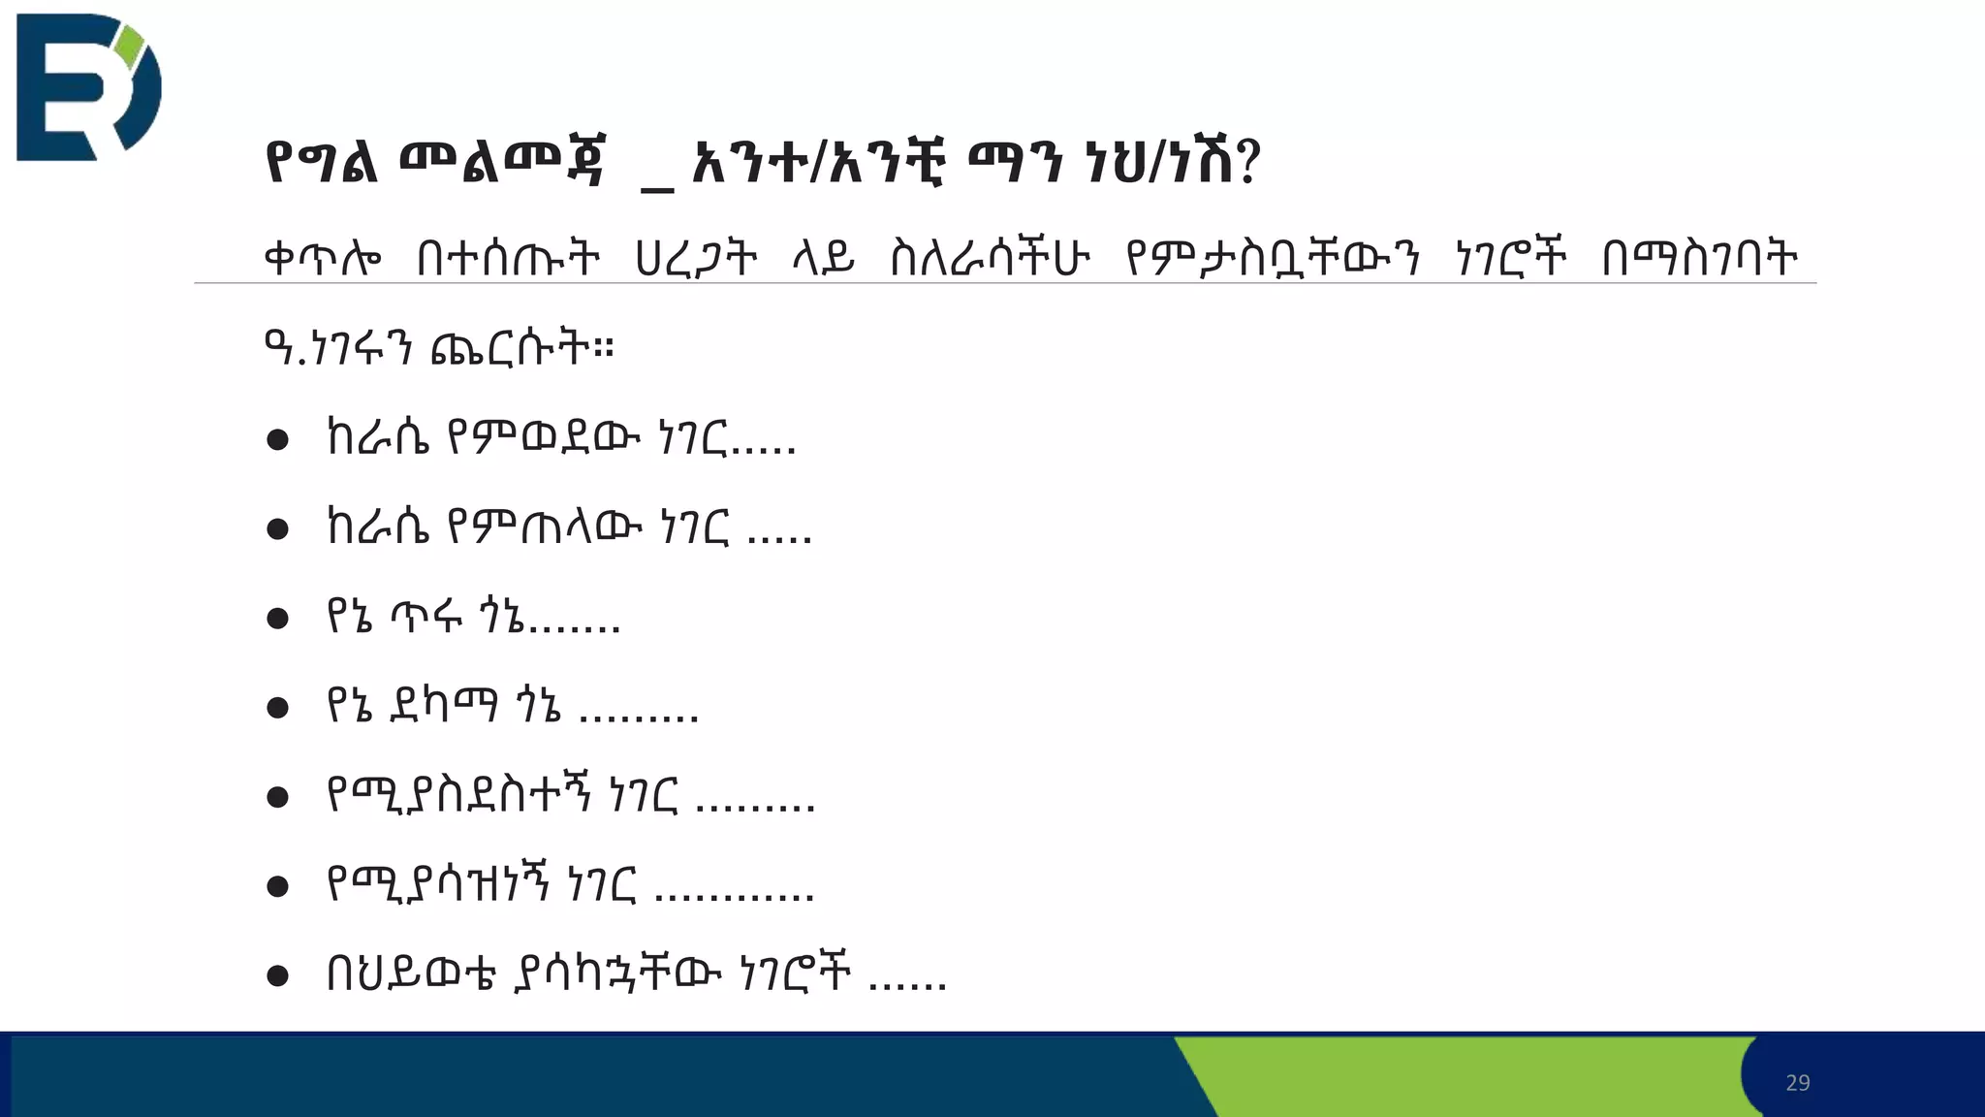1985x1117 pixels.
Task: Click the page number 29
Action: [1797, 1083]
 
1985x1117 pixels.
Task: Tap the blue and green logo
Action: [88, 87]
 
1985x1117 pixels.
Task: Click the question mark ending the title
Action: [1248, 163]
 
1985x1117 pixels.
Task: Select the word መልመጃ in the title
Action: [502, 163]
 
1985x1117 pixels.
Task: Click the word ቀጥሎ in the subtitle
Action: [323, 259]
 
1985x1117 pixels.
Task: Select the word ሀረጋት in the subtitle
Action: [695, 259]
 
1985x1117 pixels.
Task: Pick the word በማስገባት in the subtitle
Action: [1699, 259]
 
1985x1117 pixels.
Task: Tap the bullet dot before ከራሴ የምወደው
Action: [278, 440]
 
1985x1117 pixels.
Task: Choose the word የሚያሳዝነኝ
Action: [438, 884]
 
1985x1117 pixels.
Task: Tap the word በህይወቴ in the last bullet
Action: [412, 973]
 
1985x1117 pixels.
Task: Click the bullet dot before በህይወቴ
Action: [278, 975]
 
